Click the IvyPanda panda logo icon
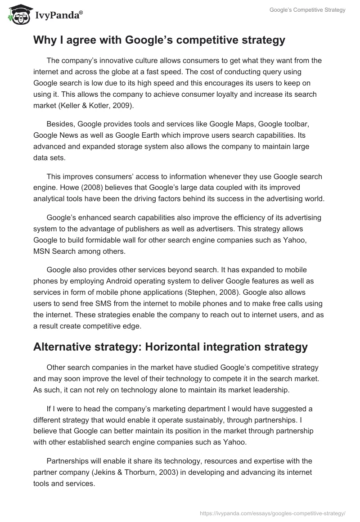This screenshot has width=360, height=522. [x=18, y=15]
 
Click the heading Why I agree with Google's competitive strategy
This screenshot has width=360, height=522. [x=159, y=40]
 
